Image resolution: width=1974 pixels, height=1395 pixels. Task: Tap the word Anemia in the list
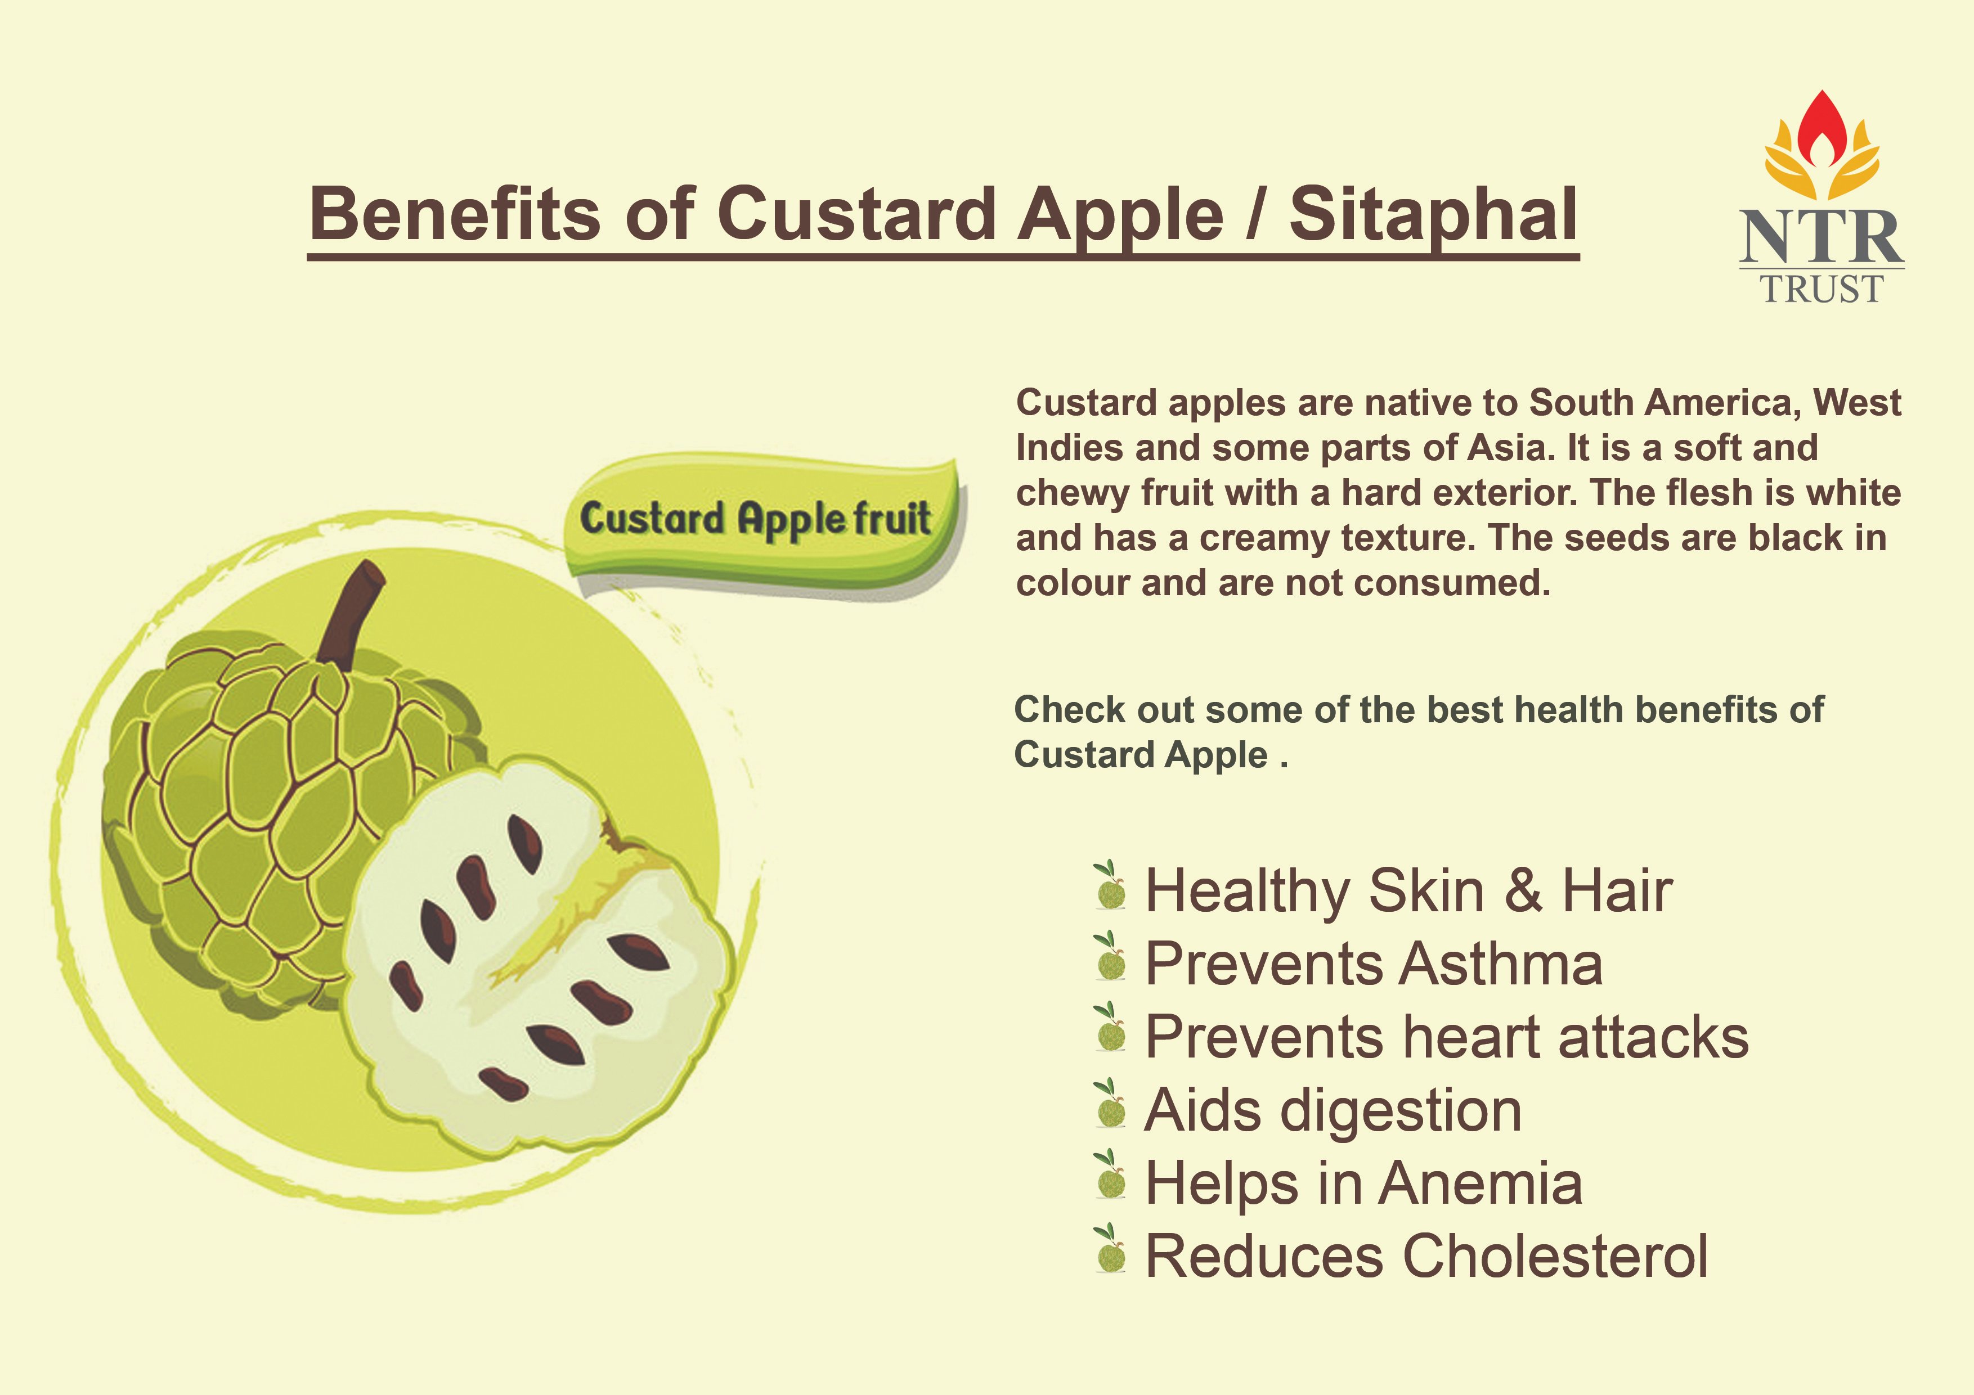[x=1480, y=1183]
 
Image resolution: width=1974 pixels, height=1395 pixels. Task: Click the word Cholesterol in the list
[x=1554, y=1257]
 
